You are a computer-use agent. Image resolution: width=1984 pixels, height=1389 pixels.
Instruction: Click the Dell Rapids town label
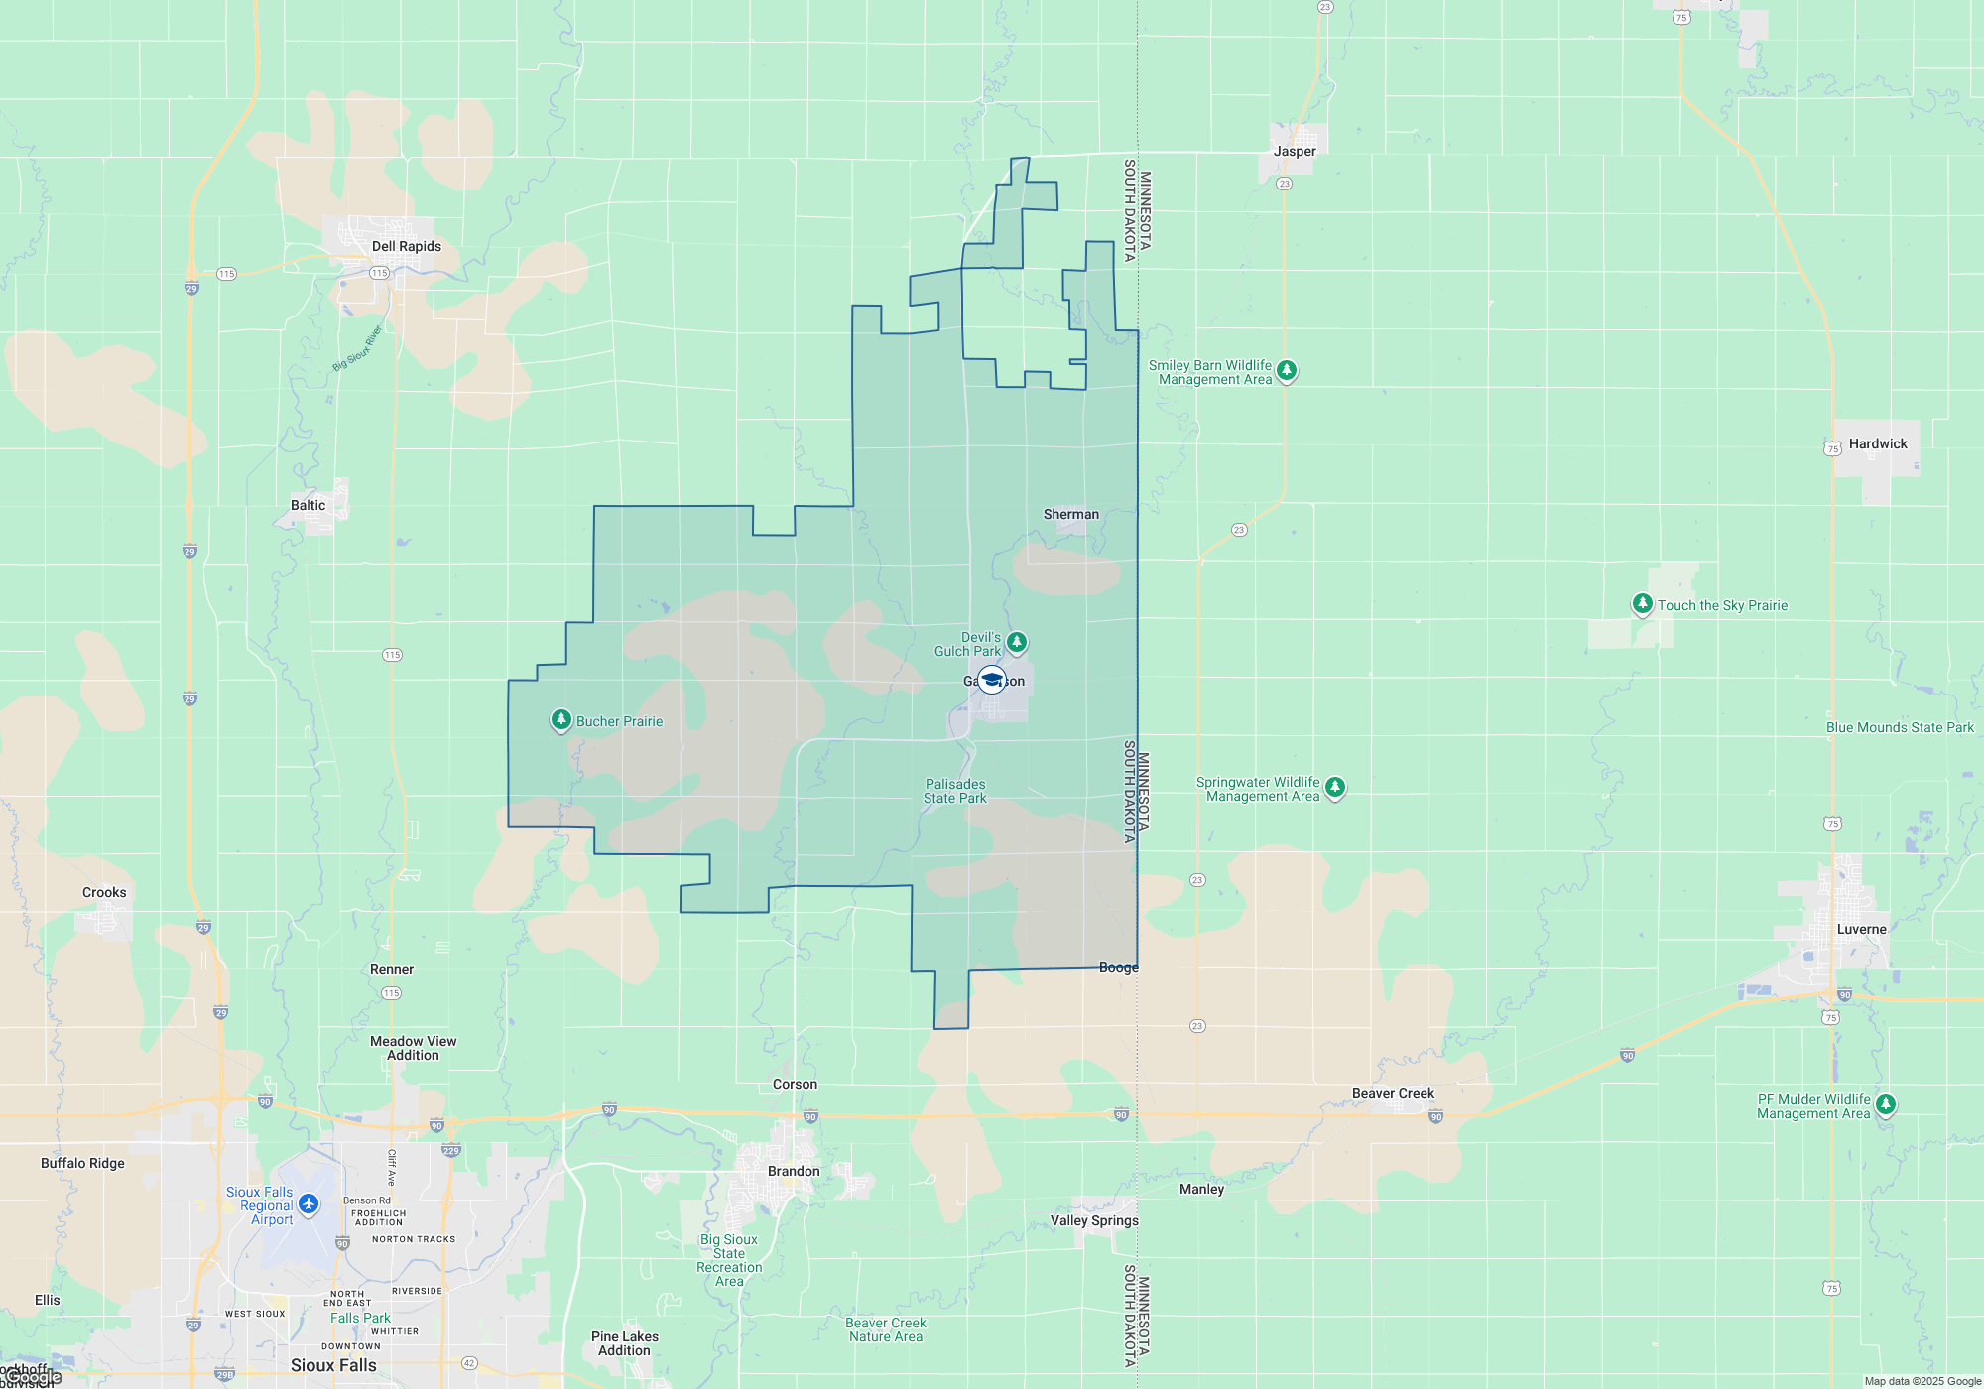coord(406,246)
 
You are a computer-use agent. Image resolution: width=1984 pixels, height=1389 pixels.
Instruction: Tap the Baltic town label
coord(308,505)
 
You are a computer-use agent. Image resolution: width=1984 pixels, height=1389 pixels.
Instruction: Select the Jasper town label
coord(1295,151)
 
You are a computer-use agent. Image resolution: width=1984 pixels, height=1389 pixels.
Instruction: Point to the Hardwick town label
coord(1877,443)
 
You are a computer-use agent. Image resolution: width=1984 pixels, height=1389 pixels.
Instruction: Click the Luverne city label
coord(1861,929)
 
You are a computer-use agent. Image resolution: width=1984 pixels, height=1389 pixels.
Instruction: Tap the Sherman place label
coord(1070,514)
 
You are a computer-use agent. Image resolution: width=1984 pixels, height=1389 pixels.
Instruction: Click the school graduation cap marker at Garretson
coord(991,680)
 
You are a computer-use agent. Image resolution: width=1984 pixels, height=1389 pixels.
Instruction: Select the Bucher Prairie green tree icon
coord(561,719)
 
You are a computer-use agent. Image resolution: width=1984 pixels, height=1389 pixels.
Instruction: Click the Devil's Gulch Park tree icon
coord(1017,642)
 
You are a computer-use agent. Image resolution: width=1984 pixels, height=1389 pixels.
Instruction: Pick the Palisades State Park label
coord(954,791)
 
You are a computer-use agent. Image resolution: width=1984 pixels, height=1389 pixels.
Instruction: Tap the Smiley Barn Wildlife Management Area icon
coord(1287,370)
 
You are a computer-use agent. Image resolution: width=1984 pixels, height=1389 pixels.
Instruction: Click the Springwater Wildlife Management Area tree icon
coord(1335,787)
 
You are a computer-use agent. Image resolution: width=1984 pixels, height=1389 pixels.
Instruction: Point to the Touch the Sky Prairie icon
coord(1643,603)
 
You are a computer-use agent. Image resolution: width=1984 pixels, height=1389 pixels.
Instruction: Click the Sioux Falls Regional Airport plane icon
coord(309,1203)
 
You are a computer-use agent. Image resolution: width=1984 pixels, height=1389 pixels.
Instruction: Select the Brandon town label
coord(794,1171)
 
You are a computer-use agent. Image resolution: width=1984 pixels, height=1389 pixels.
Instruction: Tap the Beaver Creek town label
coord(1393,1093)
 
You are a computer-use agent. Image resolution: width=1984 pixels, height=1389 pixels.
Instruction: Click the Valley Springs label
coord(1094,1220)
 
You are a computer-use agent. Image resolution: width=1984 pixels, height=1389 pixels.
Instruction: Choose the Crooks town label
coord(104,892)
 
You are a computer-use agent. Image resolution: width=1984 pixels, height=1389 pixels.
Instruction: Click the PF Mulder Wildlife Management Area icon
coord(1886,1103)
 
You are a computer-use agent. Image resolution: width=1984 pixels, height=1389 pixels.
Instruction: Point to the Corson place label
coord(795,1084)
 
